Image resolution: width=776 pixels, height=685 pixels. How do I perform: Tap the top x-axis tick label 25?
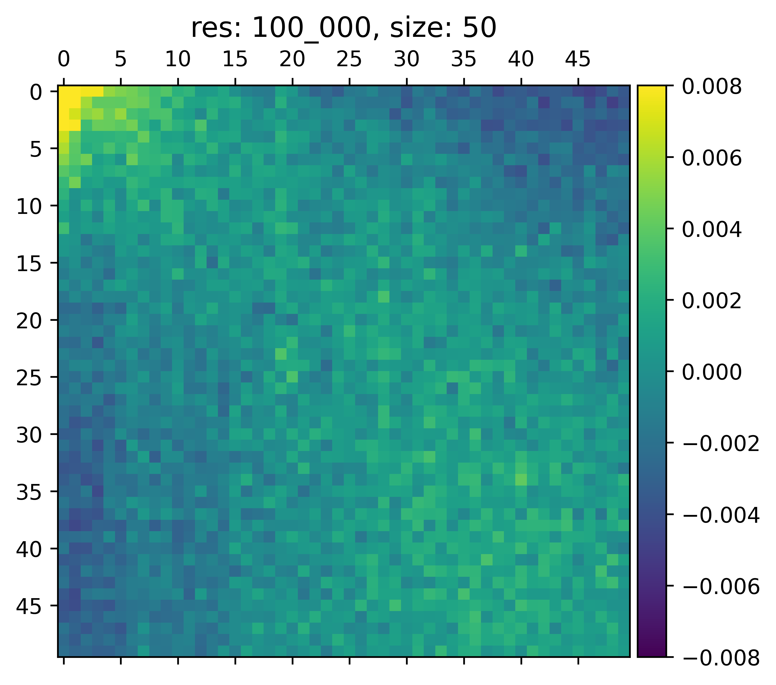[x=349, y=60]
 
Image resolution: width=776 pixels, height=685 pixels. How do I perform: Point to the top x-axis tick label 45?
[x=578, y=60]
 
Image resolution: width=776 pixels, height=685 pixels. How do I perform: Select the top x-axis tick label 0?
[x=64, y=60]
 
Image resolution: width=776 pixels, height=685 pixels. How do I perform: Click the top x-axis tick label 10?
[x=178, y=60]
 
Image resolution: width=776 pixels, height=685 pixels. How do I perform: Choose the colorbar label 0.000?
[x=712, y=372]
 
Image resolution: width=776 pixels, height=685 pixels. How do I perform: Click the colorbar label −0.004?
[x=721, y=515]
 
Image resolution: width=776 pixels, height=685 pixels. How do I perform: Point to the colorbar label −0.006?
[x=721, y=587]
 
